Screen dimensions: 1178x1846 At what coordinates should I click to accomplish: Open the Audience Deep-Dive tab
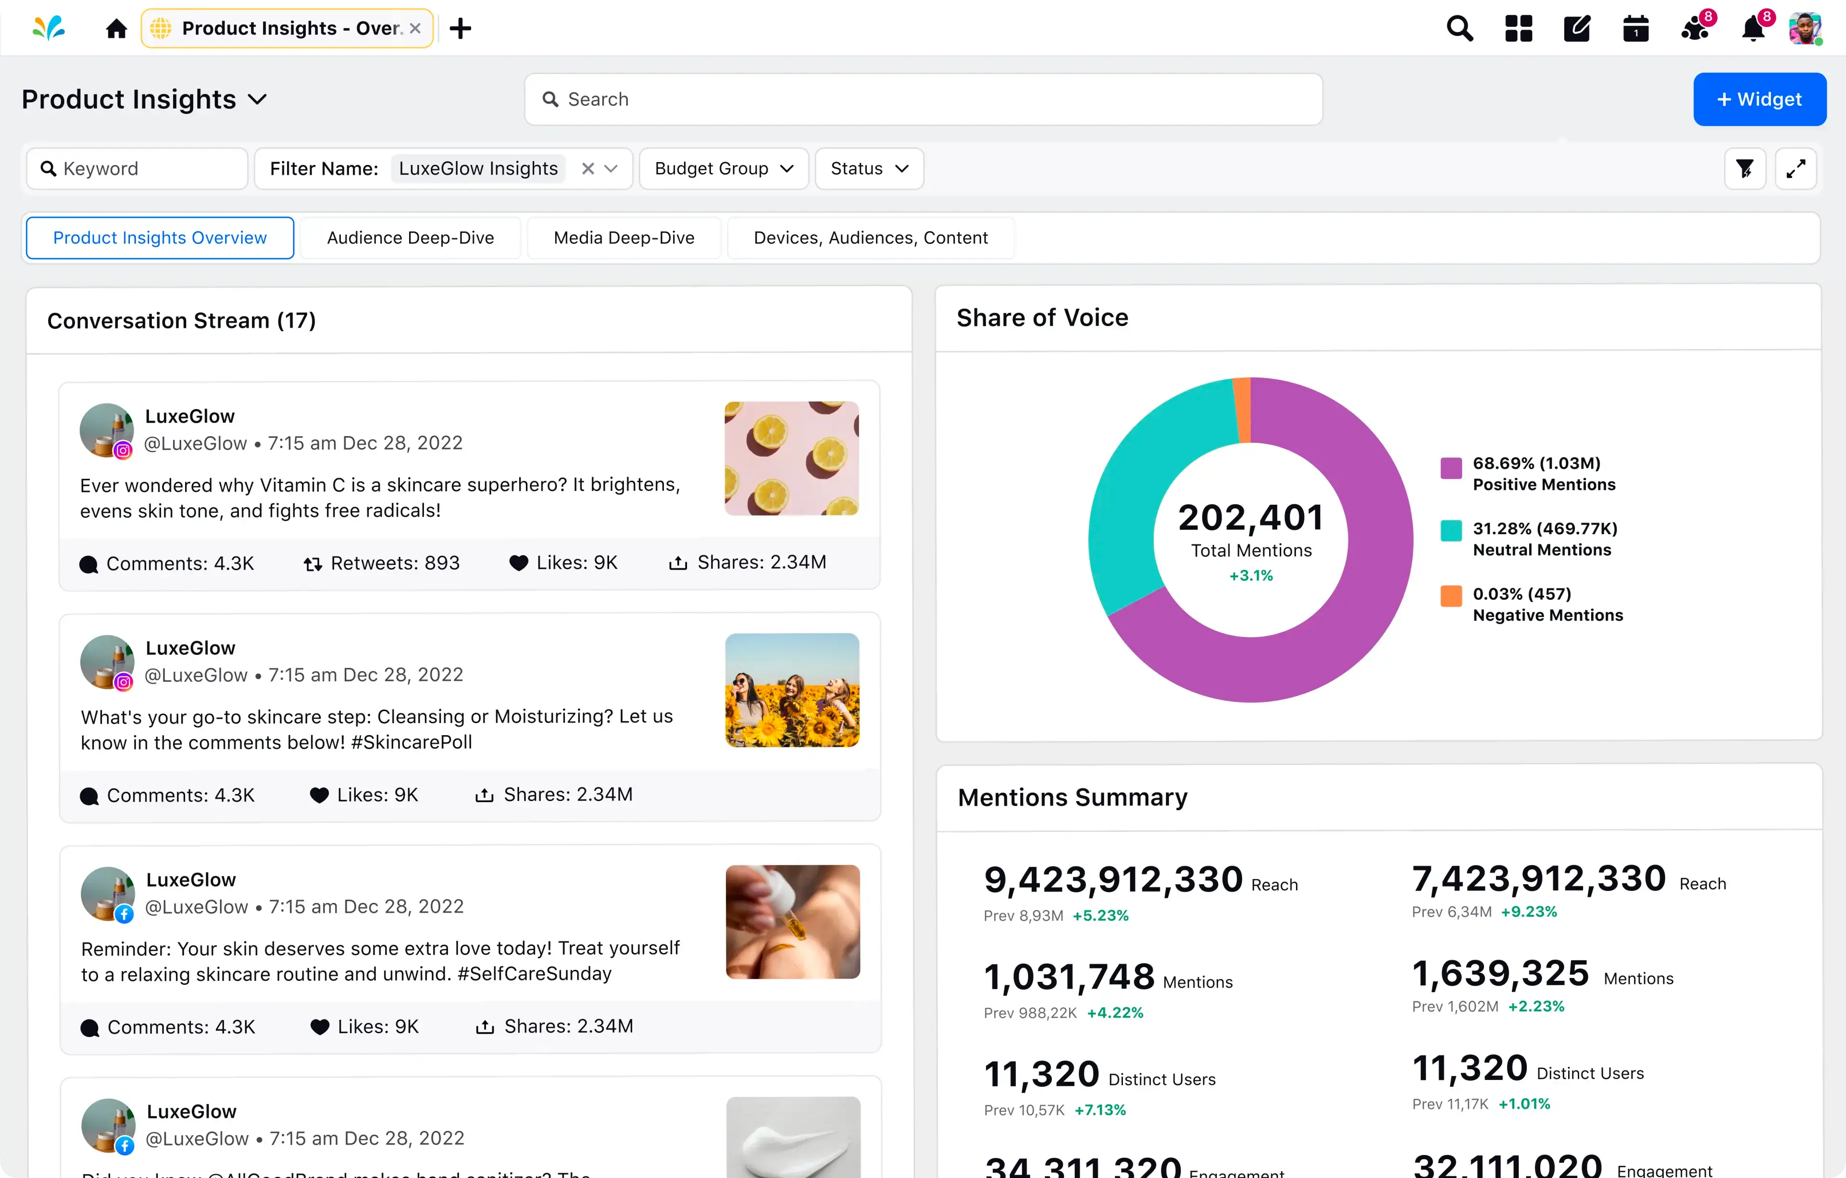[410, 238]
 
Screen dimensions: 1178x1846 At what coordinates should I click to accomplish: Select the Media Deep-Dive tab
[623, 238]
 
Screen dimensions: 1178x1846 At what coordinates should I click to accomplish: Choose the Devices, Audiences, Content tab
[870, 238]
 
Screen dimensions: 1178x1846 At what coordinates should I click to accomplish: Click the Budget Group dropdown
[723, 169]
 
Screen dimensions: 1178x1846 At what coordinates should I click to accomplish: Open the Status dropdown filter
[869, 169]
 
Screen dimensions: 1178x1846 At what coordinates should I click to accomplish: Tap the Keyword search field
[138, 169]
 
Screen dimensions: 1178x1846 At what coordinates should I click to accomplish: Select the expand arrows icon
[1795, 169]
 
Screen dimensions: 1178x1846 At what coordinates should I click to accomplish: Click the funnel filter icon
[1744, 169]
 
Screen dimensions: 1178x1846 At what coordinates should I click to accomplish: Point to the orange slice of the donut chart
[1242, 410]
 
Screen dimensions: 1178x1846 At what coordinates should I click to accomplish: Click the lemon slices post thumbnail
[791, 458]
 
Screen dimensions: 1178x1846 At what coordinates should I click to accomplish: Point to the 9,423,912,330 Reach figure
[1112, 880]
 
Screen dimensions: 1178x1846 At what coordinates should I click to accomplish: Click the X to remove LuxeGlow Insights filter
[588, 169]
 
